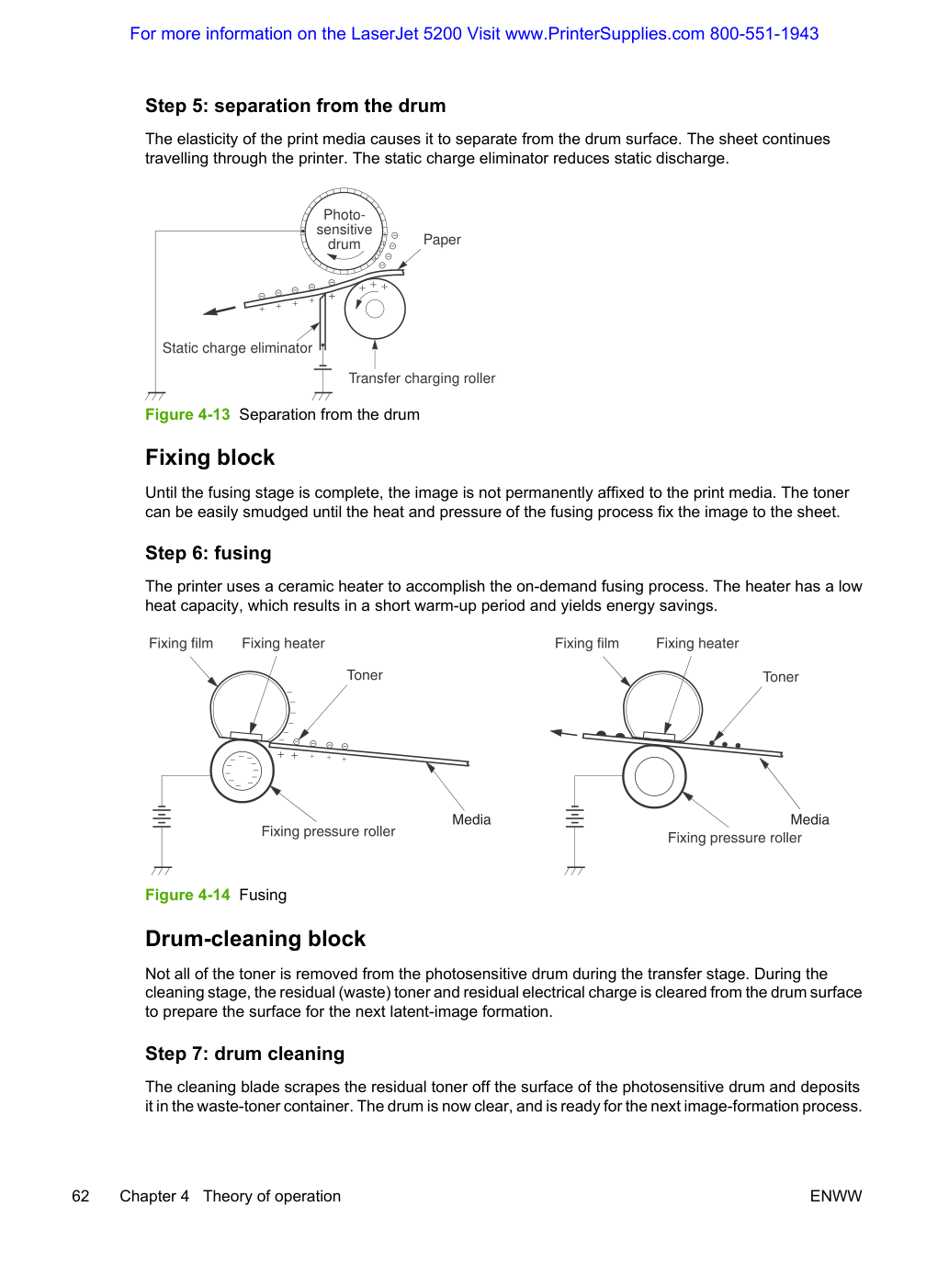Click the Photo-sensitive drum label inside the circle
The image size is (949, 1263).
click(x=345, y=230)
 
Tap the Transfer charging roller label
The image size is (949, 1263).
click(x=422, y=378)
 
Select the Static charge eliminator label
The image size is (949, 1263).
click(x=237, y=348)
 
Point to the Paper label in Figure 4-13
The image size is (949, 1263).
click(x=442, y=240)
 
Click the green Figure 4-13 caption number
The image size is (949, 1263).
click(x=187, y=414)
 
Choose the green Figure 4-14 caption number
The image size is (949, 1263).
click(x=187, y=895)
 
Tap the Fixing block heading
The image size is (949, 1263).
click(x=210, y=457)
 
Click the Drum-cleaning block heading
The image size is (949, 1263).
click(x=255, y=939)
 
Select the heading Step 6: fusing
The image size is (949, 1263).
click(x=209, y=553)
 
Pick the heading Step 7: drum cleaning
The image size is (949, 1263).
click(x=245, y=1054)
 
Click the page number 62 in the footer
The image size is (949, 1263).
click(x=81, y=1196)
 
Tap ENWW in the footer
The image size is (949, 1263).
click(x=836, y=1196)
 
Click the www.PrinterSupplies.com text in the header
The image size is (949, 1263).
click(x=604, y=34)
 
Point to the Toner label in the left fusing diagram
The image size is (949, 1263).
click(x=365, y=675)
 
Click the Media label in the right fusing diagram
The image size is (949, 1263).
click(x=809, y=819)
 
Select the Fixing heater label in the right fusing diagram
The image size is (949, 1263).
click(x=697, y=643)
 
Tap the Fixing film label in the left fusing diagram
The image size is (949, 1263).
click(x=181, y=643)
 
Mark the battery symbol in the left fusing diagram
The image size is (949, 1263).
click(x=162, y=818)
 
